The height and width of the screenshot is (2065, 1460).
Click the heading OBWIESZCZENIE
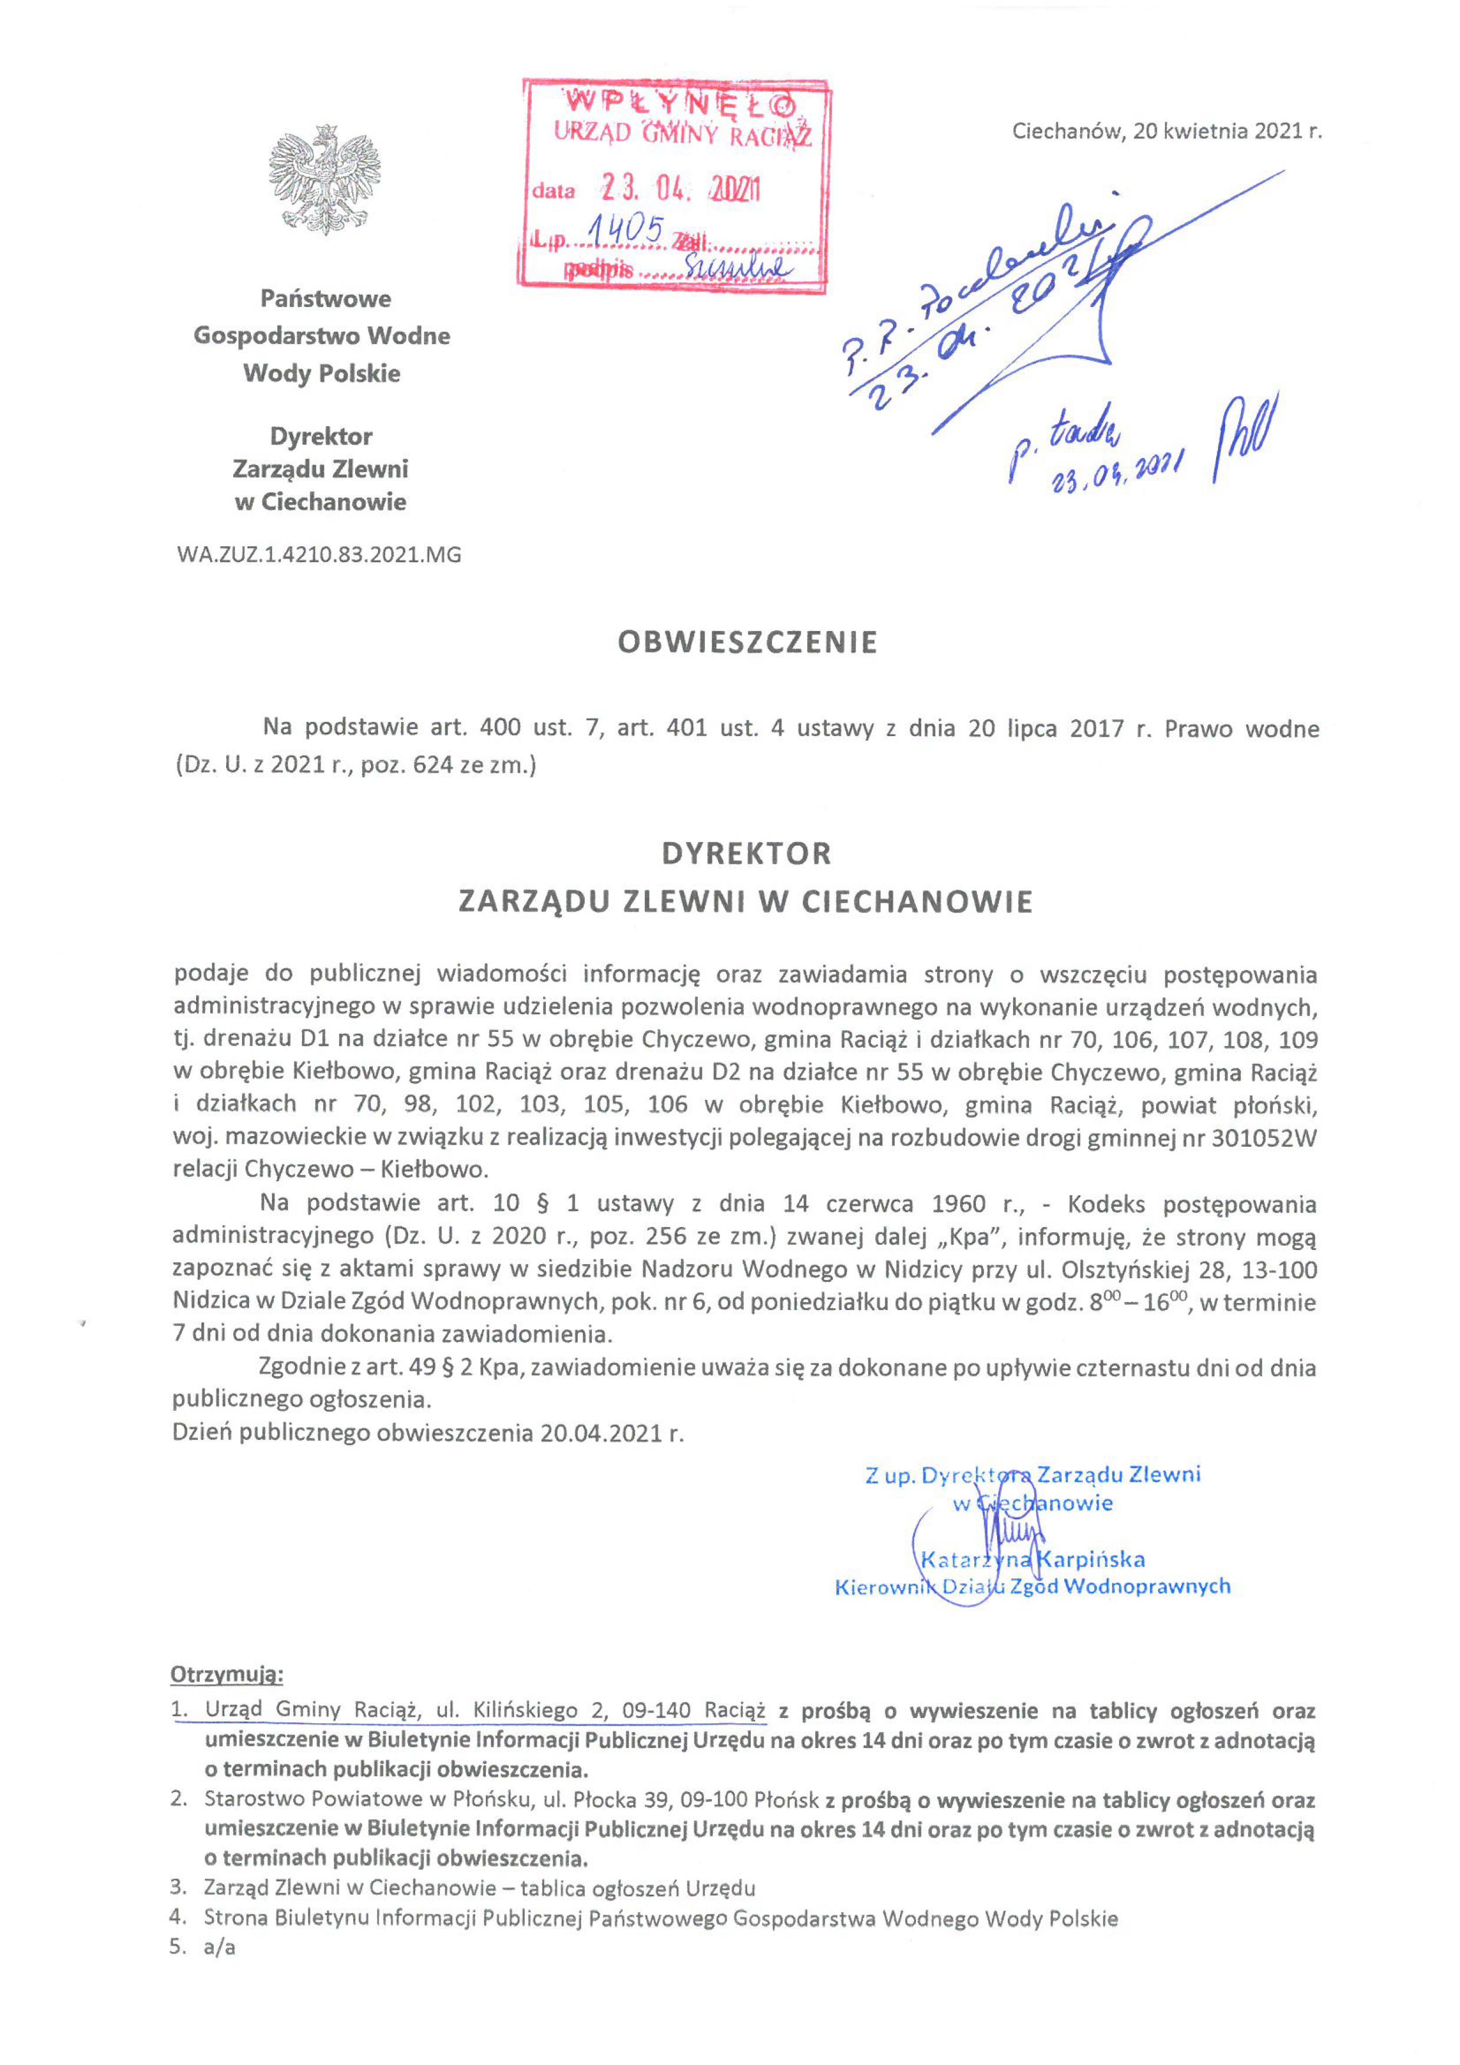click(747, 642)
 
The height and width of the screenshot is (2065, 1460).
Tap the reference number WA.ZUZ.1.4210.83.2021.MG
click(319, 555)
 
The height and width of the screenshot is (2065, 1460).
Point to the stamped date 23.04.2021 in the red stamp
click(681, 188)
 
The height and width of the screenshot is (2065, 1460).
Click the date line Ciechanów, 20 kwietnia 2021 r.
click(1166, 131)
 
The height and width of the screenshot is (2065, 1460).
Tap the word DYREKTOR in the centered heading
click(746, 853)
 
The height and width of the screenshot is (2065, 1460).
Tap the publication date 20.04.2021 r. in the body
click(611, 1433)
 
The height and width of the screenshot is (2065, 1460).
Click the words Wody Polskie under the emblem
click(322, 373)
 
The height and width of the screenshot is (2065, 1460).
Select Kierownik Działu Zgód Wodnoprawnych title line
click(1032, 1586)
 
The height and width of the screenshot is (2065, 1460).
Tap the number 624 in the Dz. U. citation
click(434, 766)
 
